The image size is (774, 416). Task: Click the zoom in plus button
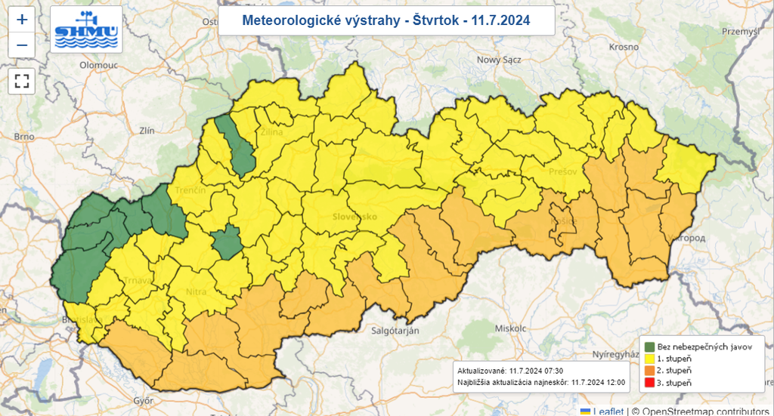tap(22, 20)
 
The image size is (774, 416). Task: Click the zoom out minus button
tap(22, 45)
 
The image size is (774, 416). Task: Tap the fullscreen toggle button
tap(22, 80)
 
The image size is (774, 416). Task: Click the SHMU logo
tap(86, 29)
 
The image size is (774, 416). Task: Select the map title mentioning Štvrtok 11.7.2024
tap(386, 20)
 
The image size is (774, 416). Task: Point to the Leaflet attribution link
tap(608, 411)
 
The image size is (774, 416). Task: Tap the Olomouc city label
tap(99, 66)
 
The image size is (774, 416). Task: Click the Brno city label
tap(24, 137)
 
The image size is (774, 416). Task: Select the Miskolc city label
tap(509, 328)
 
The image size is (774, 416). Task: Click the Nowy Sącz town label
tap(500, 60)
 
